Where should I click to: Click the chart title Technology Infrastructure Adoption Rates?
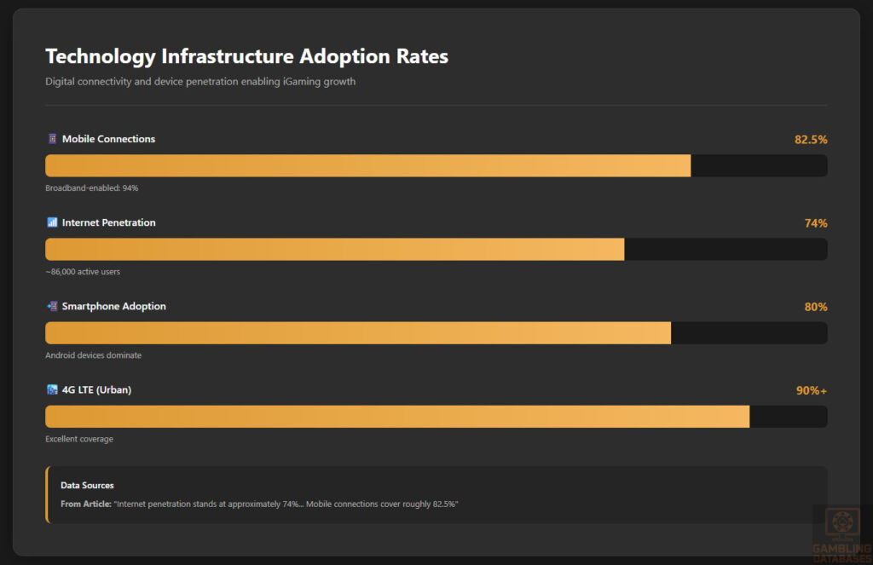coord(246,56)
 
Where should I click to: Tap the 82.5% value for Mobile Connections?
coord(811,140)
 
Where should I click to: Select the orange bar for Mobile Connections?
coord(367,165)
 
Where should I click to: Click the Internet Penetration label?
coord(108,222)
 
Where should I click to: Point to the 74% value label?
coord(816,223)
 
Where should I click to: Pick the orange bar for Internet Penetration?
coord(334,249)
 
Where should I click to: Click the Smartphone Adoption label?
coord(113,306)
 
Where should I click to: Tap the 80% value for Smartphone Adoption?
coord(816,307)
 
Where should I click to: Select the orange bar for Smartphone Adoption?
coord(358,332)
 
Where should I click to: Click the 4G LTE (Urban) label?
coord(96,389)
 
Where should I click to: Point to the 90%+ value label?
coord(812,390)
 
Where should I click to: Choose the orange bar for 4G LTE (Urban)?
coord(397,416)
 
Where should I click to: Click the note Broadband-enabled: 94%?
coord(92,187)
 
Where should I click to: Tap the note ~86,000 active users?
coord(83,272)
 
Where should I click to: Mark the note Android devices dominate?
coord(94,355)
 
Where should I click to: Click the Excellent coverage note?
coord(79,439)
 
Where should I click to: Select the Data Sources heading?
coord(87,486)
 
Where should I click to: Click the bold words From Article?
coord(86,504)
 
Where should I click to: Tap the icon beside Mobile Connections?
coord(52,139)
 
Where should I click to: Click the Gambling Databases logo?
coord(842,533)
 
